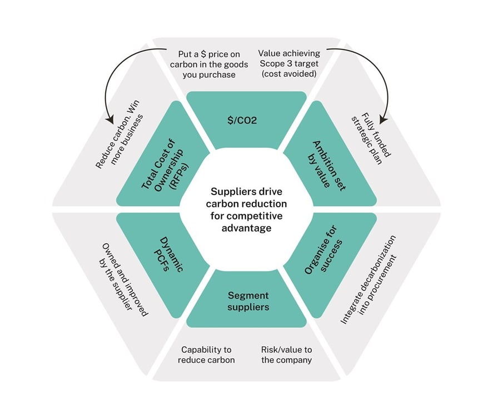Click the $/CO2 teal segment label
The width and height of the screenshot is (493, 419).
point(246,119)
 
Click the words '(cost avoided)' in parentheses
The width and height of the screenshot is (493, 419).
point(289,74)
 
